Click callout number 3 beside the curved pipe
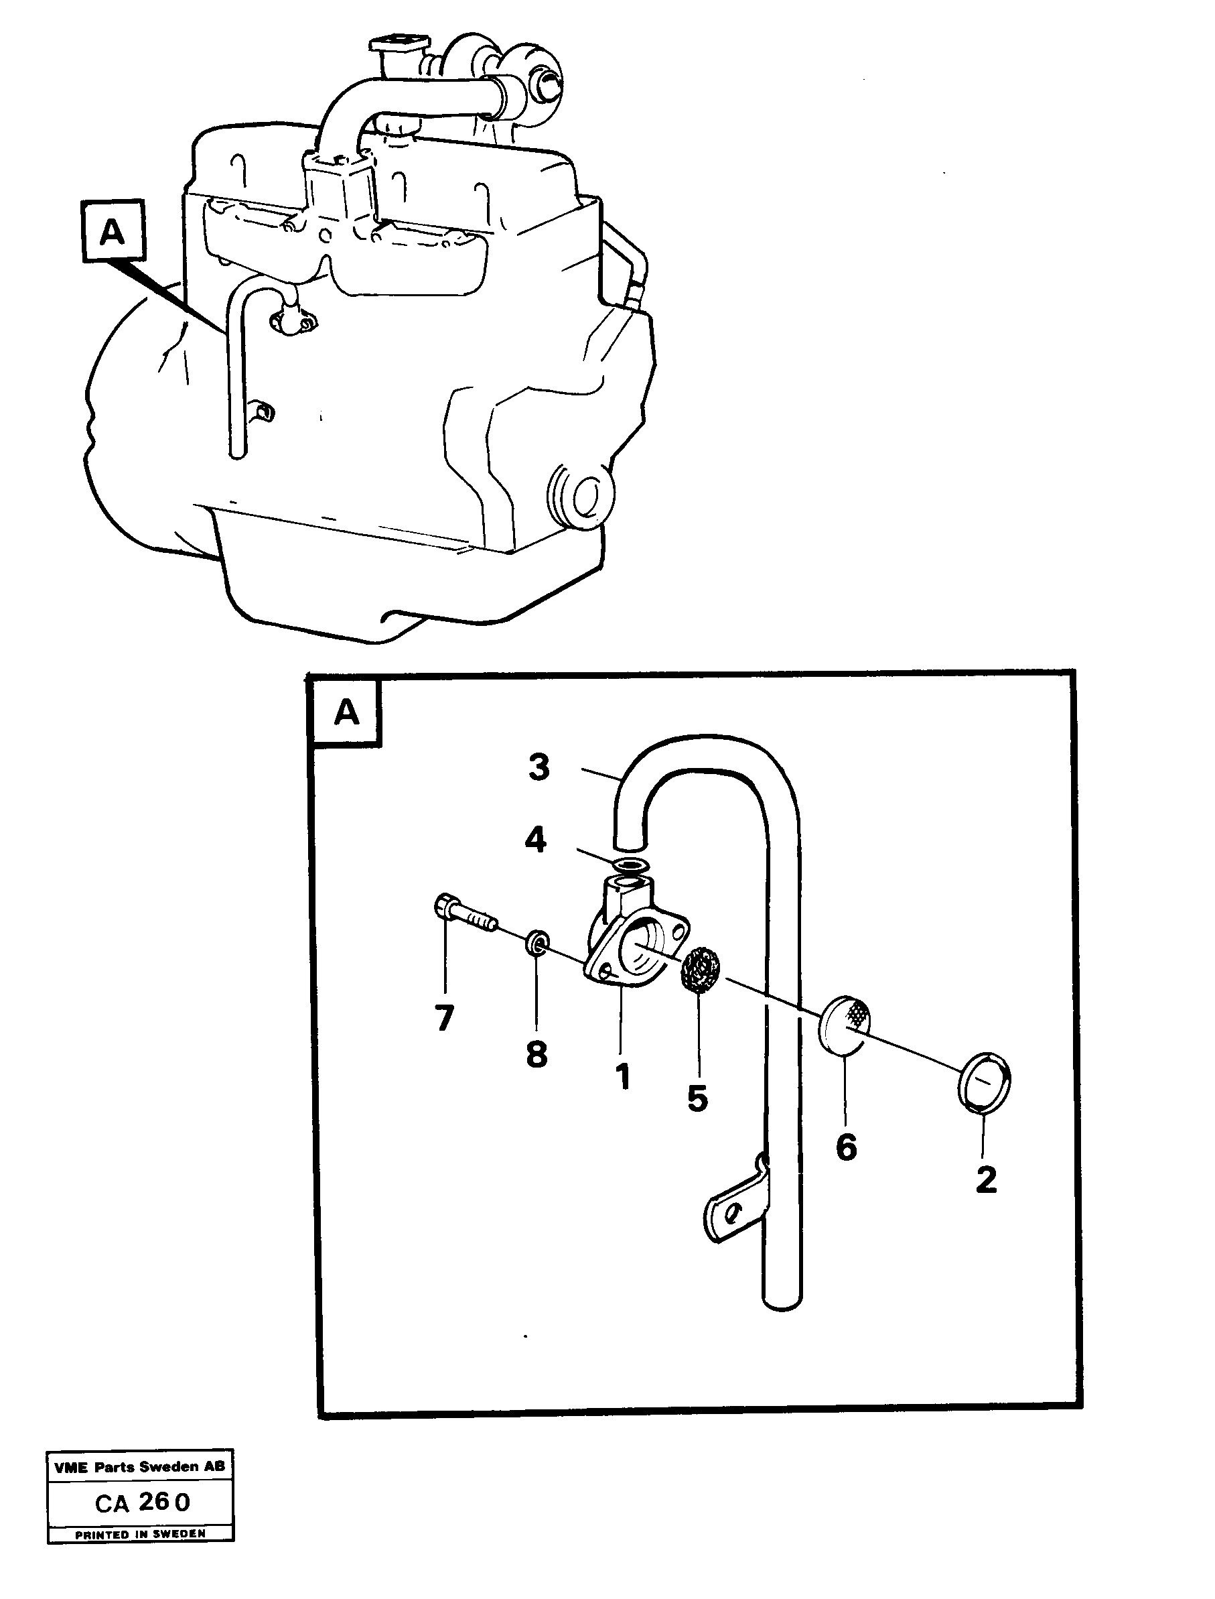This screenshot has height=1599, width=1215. click(x=539, y=767)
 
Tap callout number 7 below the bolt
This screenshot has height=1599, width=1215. click(x=444, y=1019)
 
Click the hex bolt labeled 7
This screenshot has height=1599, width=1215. click(x=463, y=914)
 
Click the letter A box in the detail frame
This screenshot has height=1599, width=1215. click(x=346, y=712)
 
